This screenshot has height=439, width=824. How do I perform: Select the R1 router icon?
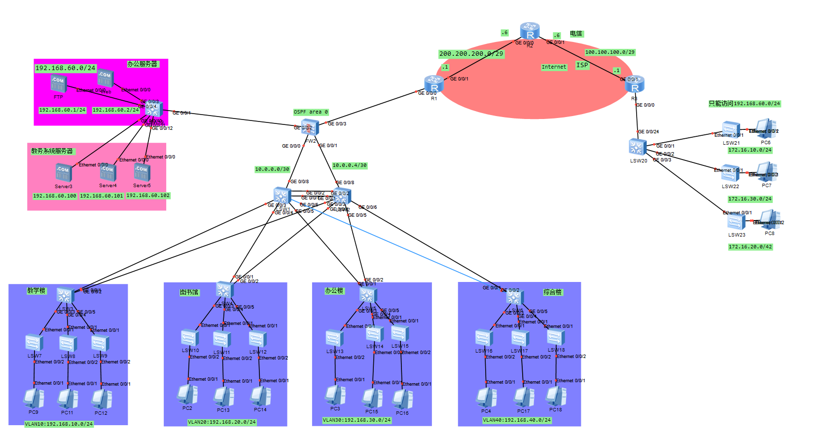click(x=434, y=84)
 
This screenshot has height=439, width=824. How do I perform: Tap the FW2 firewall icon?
click(x=310, y=128)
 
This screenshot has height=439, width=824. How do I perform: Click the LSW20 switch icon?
click(x=638, y=147)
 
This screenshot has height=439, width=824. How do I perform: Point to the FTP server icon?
click(x=58, y=83)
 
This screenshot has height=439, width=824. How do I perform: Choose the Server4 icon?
click(x=107, y=173)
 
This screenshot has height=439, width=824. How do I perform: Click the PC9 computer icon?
click(x=34, y=399)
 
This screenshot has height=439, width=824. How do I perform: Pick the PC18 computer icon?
click(x=556, y=397)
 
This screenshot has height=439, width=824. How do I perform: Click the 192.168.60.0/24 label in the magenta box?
click(x=65, y=68)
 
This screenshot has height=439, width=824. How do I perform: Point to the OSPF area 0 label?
click(x=311, y=112)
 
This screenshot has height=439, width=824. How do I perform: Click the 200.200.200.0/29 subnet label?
click(x=471, y=54)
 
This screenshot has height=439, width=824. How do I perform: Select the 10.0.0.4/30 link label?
click(x=350, y=165)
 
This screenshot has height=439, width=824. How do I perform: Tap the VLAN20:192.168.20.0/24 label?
click(x=222, y=422)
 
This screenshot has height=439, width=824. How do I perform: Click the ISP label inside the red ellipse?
click(x=582, y=65)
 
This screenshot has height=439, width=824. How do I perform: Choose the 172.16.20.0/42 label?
click(x=750, y=246)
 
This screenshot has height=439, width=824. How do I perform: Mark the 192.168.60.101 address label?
click(x=102, y=196)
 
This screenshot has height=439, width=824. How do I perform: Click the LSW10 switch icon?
click(x=190, y=338)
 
